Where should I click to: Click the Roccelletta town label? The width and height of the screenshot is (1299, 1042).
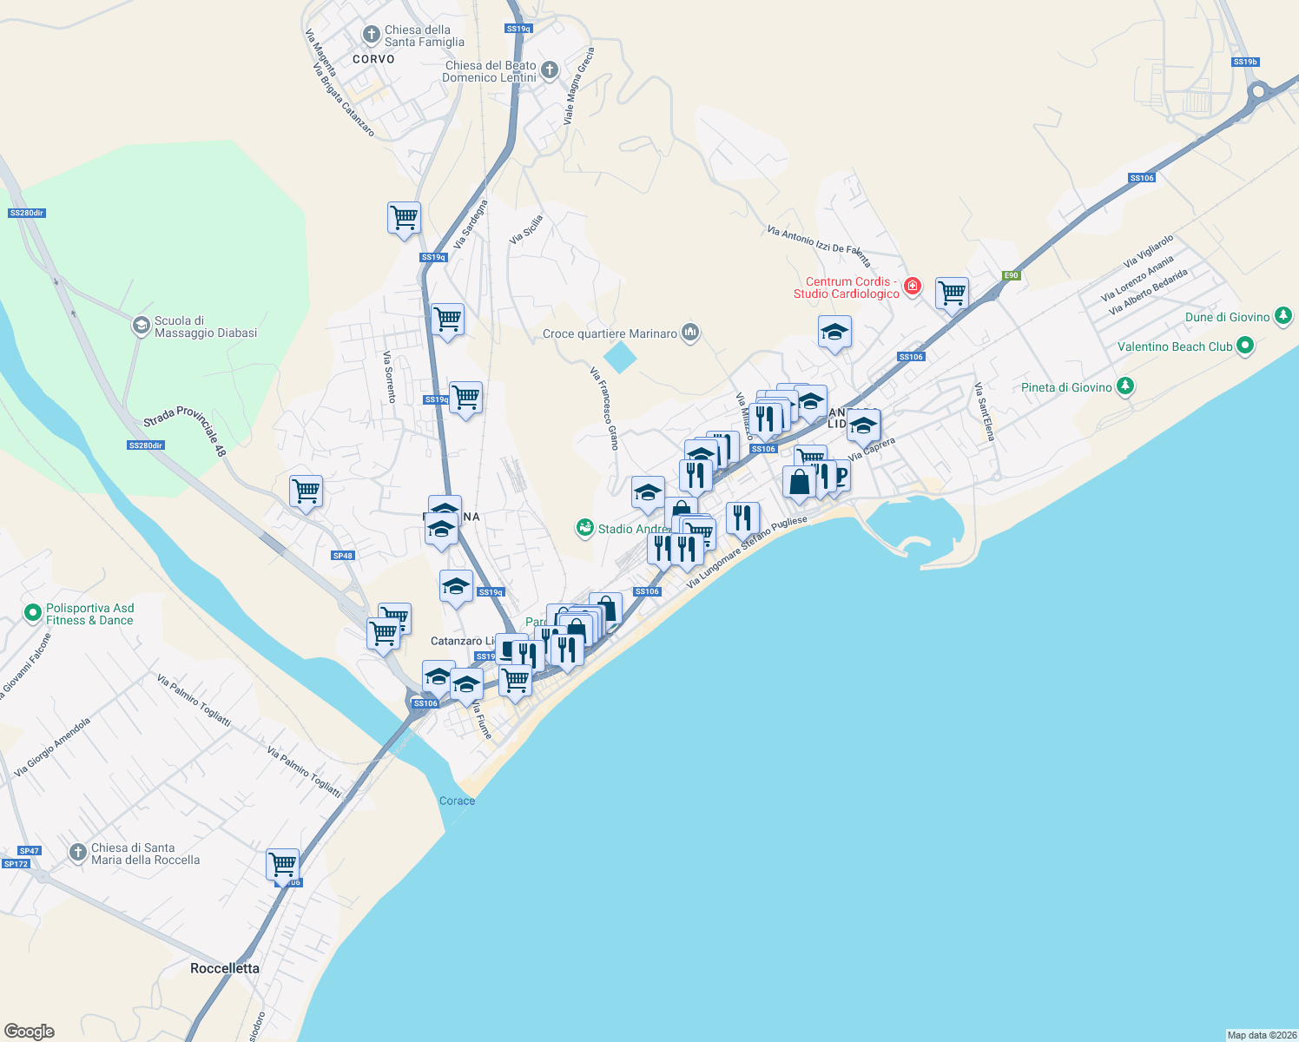(224, 968)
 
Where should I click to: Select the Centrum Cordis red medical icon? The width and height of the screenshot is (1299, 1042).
(912, 286)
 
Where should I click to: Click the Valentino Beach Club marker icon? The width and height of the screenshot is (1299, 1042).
(1245, 346)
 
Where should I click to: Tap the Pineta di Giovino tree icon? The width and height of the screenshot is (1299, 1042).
(1125, 386)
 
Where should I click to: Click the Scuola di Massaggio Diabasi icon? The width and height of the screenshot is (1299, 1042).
(141, 326)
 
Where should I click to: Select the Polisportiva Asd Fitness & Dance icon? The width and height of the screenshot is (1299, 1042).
(33, 614)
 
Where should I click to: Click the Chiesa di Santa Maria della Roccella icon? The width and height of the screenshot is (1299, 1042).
(78, 853)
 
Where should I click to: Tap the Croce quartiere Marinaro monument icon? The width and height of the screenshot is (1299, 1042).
(690, 333)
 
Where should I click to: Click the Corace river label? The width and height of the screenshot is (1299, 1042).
(457, 801)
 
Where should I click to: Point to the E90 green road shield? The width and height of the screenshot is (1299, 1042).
(1011, 275)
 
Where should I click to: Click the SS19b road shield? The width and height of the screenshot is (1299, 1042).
(1245, 62)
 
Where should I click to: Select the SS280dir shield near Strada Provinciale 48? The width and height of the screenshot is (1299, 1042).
(145, 445)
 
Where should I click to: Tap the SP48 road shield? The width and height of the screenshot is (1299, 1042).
(343, 556)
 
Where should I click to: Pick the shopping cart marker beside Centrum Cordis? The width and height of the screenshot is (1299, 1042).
(952, 293)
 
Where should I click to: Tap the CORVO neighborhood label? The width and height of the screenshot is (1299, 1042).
(373, 59)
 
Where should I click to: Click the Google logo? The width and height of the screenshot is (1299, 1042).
(30, 1031)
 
